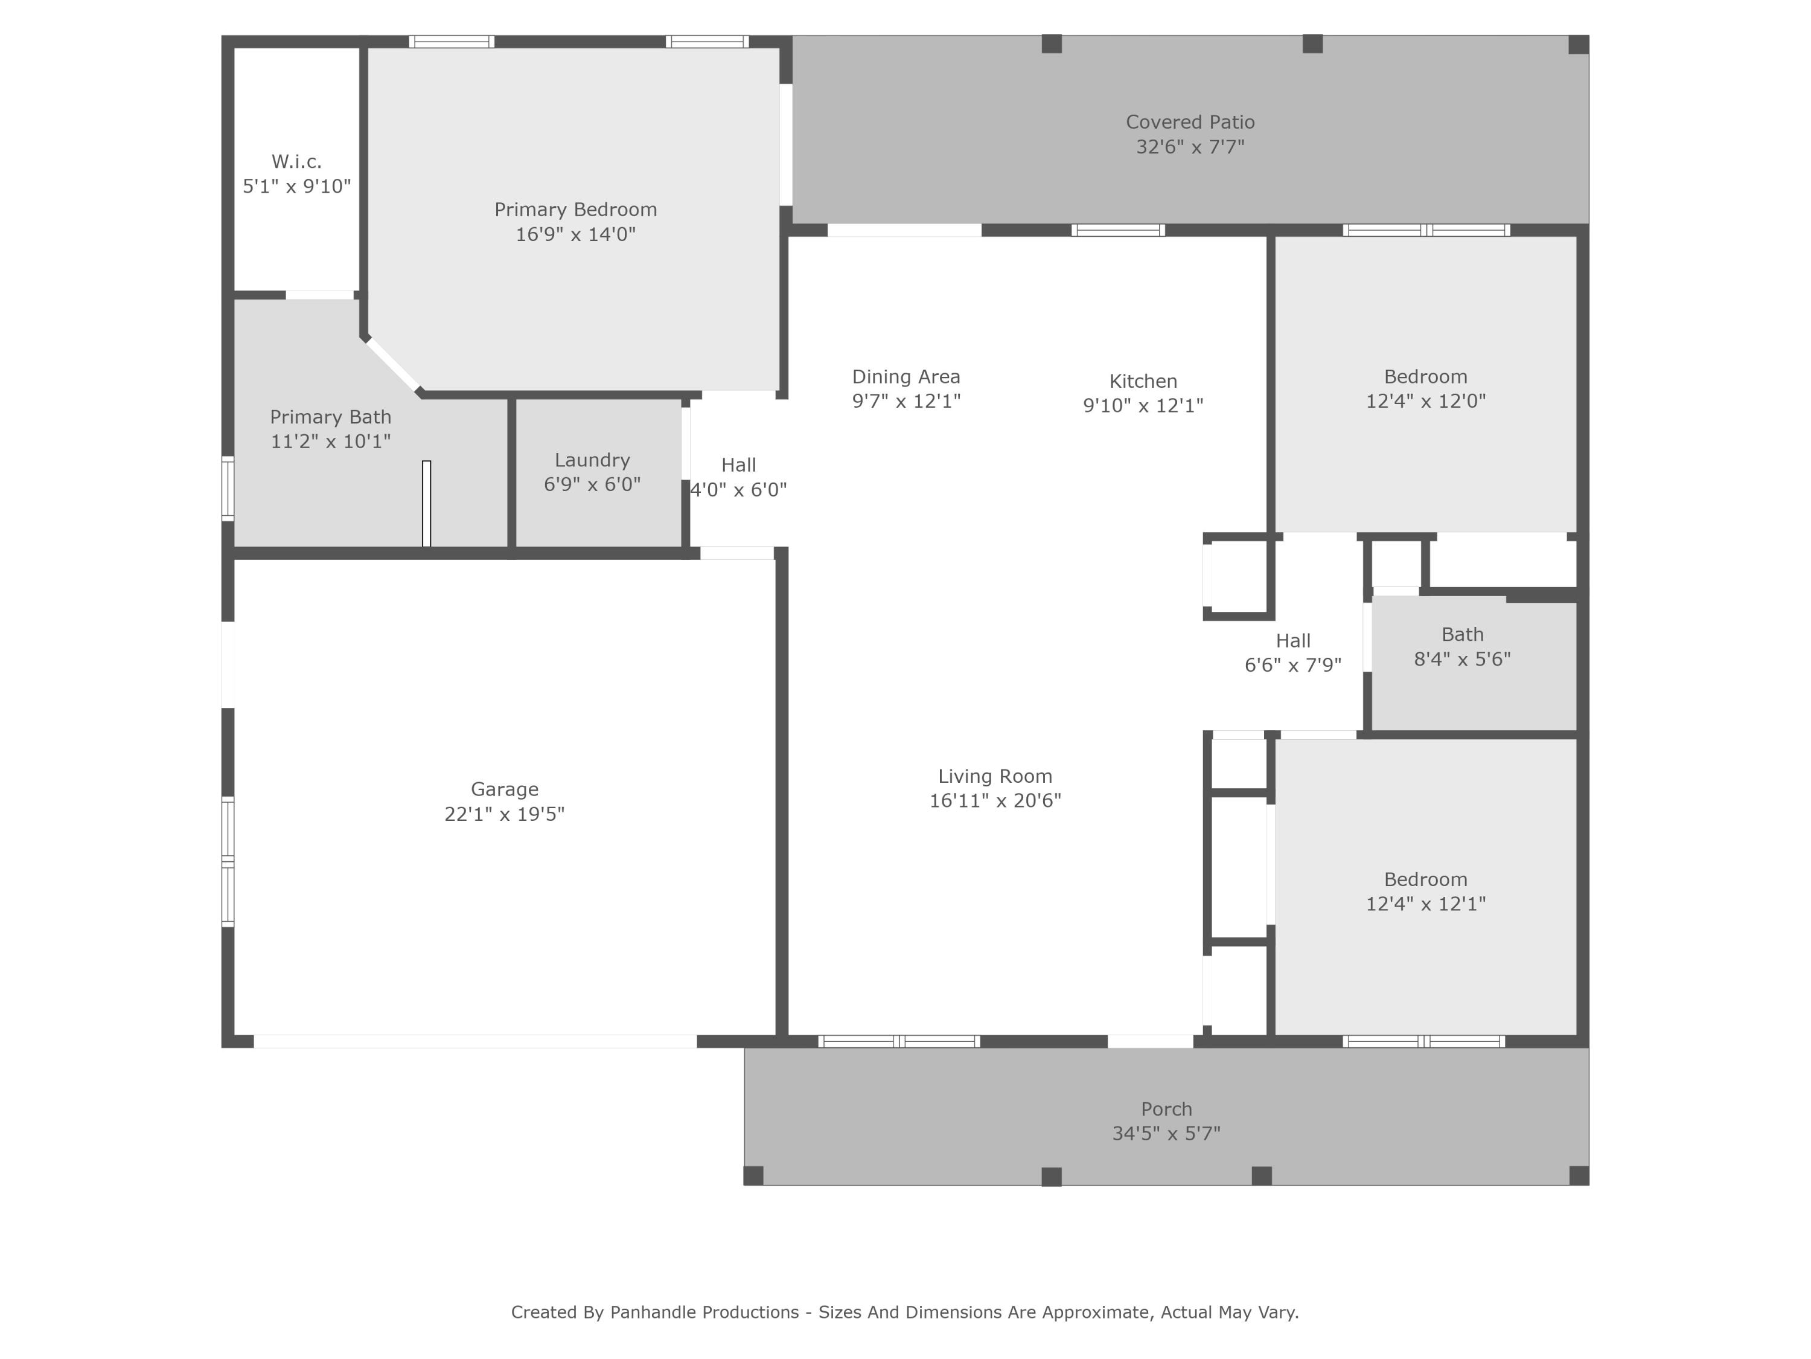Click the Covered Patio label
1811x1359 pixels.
tap(1190, 122)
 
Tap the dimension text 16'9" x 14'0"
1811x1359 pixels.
tap(575, 234)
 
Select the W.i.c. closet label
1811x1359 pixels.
tap(296, 161)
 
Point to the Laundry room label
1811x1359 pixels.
tap(592, 460)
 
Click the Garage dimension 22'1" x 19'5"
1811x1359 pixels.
tap(504, 814)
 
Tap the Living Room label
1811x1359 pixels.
tap(995, 776)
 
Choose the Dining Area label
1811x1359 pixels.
tap(905, 377)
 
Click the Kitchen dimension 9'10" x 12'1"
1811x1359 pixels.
tap(1143, 405)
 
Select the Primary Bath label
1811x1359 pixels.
tap(331, 417)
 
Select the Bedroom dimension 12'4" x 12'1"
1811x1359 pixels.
tap(1425, 904)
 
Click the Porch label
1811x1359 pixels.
tap(1166, 1108)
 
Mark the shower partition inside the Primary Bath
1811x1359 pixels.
tap(426, 503)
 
